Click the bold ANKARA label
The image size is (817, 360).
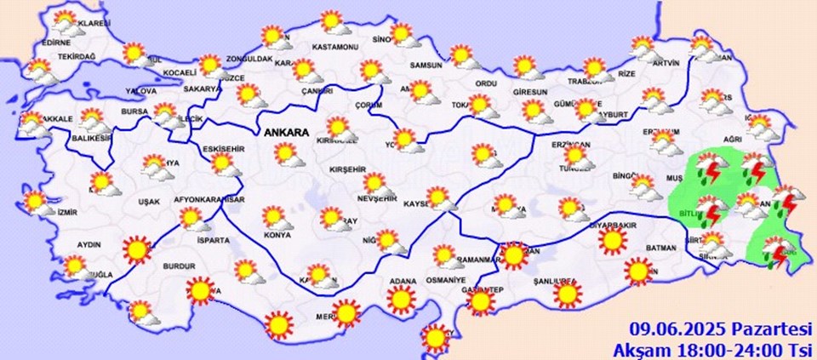point(289,133)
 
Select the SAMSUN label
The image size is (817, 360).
point(426,66)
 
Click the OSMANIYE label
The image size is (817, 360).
point(447,280)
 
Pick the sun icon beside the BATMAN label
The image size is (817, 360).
point(637,271)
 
